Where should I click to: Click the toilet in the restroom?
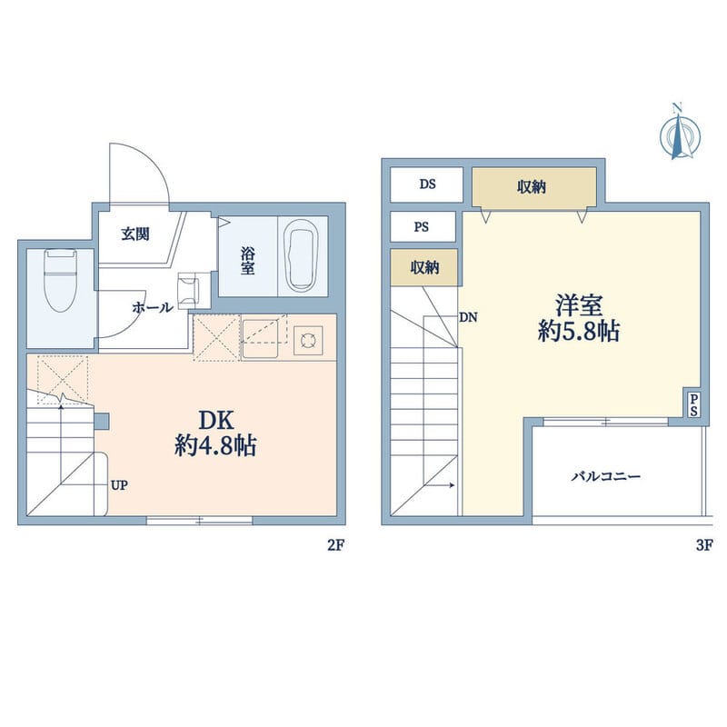60,280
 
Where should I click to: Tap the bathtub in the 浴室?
302,255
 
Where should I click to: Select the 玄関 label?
135,234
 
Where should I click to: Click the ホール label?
153,307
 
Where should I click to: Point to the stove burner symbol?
308,341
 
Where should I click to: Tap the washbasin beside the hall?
189,291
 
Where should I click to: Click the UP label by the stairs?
119,485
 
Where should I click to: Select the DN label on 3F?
468,317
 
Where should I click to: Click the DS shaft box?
426,184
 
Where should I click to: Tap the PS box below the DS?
423,226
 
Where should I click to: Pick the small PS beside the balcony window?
693,405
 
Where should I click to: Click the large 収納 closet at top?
534,187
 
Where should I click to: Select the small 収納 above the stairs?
424,267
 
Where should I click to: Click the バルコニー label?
606,476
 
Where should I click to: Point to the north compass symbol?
680,134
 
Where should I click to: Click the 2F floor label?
335,545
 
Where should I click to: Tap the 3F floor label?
703,545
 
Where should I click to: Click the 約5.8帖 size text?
579,331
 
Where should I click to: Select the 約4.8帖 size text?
215,446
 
